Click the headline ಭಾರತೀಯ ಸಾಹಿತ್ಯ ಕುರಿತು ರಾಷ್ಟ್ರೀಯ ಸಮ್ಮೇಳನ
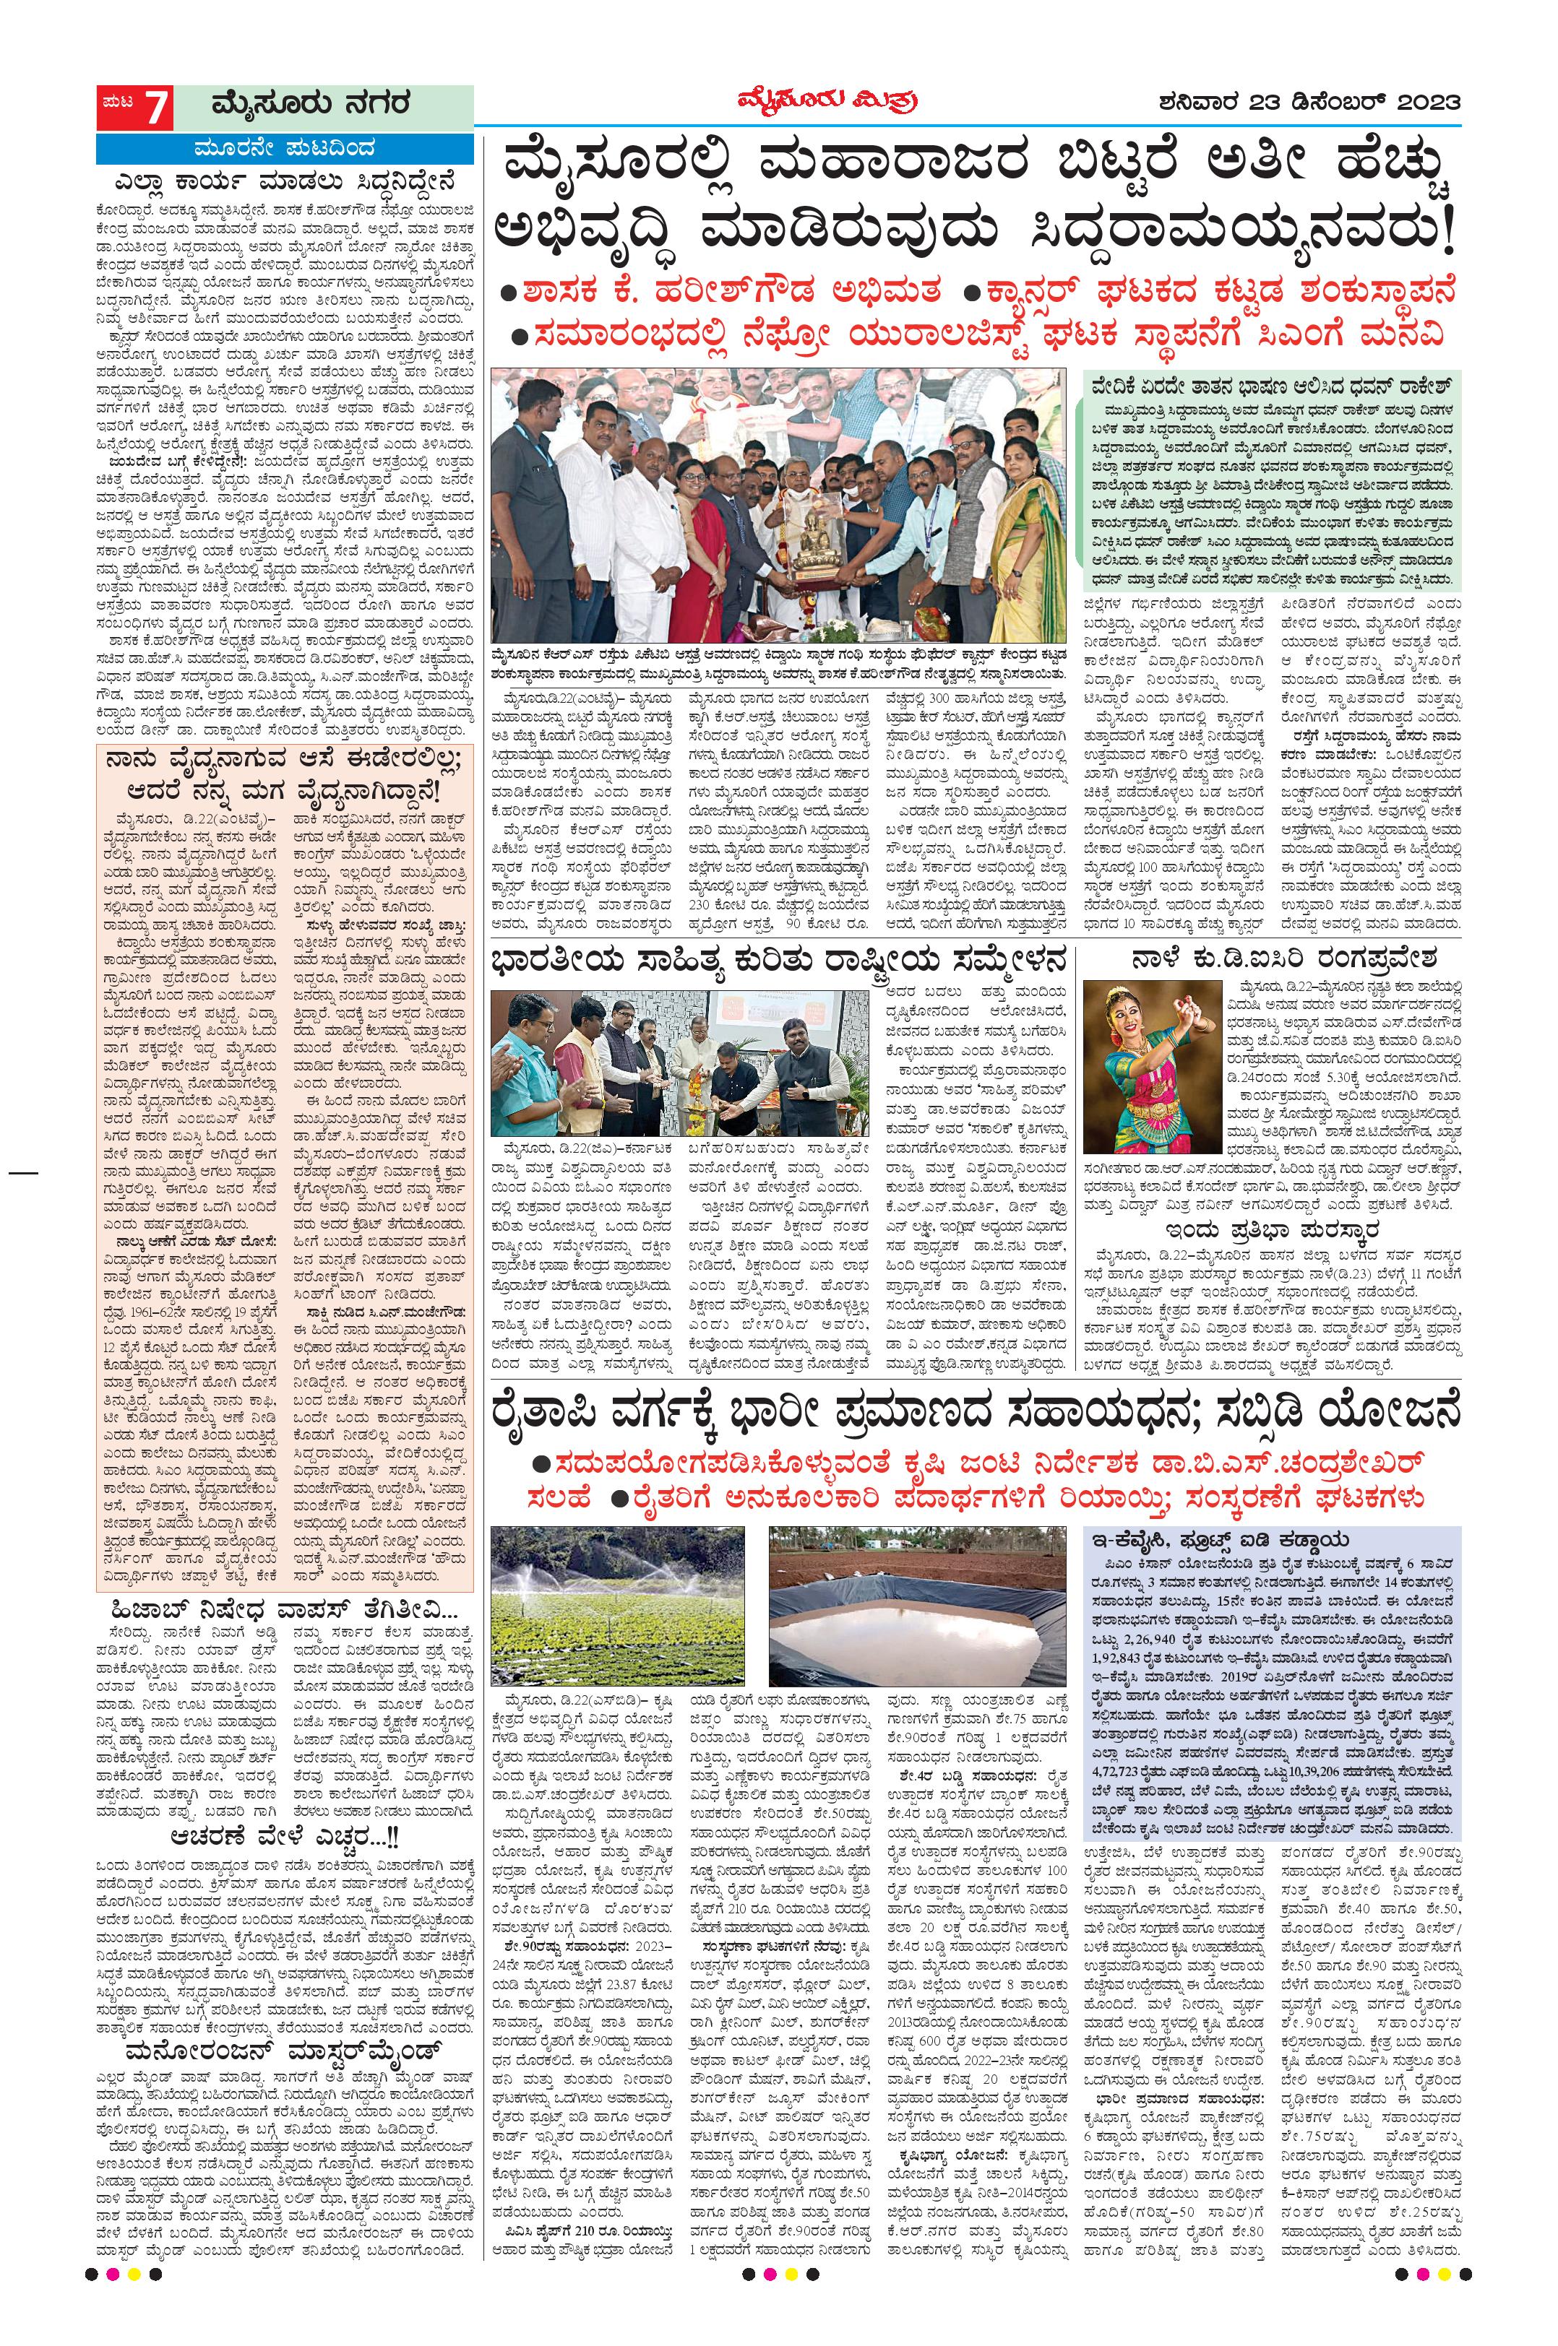786,961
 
